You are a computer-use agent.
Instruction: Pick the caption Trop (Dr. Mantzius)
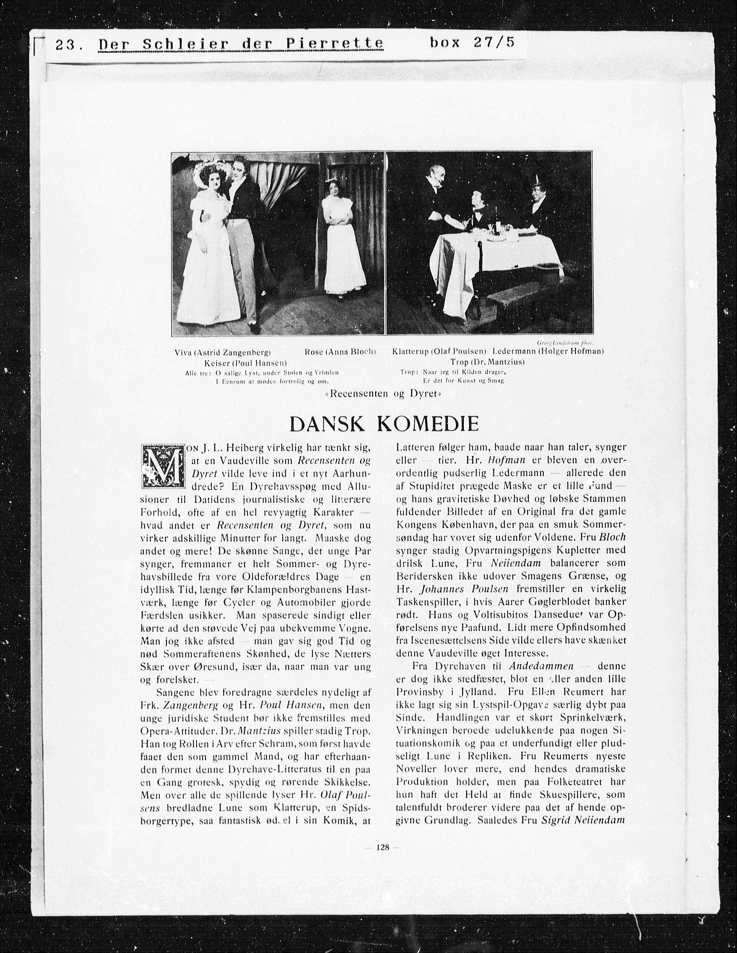point(488,362)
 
